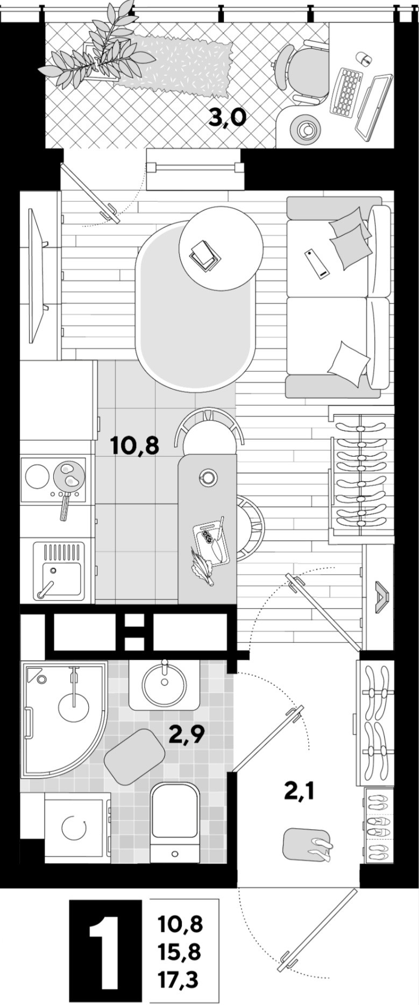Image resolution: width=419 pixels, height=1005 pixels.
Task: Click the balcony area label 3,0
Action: pos(227,117)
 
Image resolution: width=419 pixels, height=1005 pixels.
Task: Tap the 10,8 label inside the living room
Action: pos(134,445)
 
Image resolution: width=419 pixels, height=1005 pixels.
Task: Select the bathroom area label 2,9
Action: pos(186,734)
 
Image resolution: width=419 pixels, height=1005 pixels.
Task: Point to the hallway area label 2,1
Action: pos(299,792)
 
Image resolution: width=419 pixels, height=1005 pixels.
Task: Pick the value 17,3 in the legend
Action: pos(179,980)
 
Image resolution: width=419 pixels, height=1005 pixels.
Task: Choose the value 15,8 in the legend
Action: pos(179,952)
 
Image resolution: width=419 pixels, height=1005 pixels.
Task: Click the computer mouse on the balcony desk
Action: pos(364,58)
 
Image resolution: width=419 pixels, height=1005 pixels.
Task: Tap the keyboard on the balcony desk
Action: pos(346,92)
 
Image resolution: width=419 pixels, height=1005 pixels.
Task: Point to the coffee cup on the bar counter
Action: pos(208,476)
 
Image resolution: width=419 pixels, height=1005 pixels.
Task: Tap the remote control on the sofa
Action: pos(317,264)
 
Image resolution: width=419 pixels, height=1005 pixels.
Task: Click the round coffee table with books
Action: pos(221,249)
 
